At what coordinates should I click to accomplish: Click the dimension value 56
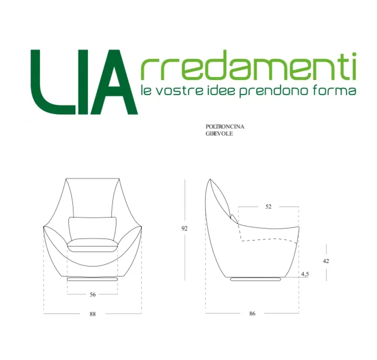click(93, 295)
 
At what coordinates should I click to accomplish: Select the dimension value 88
click(93, 314)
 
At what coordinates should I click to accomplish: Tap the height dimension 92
click(185, 228)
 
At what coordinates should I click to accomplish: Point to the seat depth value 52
click(268, 207)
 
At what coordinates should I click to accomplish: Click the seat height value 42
click(326, 261)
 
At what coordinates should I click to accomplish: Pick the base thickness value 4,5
click(305, 274)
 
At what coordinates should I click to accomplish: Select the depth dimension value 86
click(252, 314)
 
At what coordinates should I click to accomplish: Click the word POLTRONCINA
click(225, 127)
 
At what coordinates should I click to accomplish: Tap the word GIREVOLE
click(219, 133)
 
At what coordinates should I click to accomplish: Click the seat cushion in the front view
click(93, 246)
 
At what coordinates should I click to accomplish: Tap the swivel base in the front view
click(93, 279)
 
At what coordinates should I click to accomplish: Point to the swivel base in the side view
click(256, 279)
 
